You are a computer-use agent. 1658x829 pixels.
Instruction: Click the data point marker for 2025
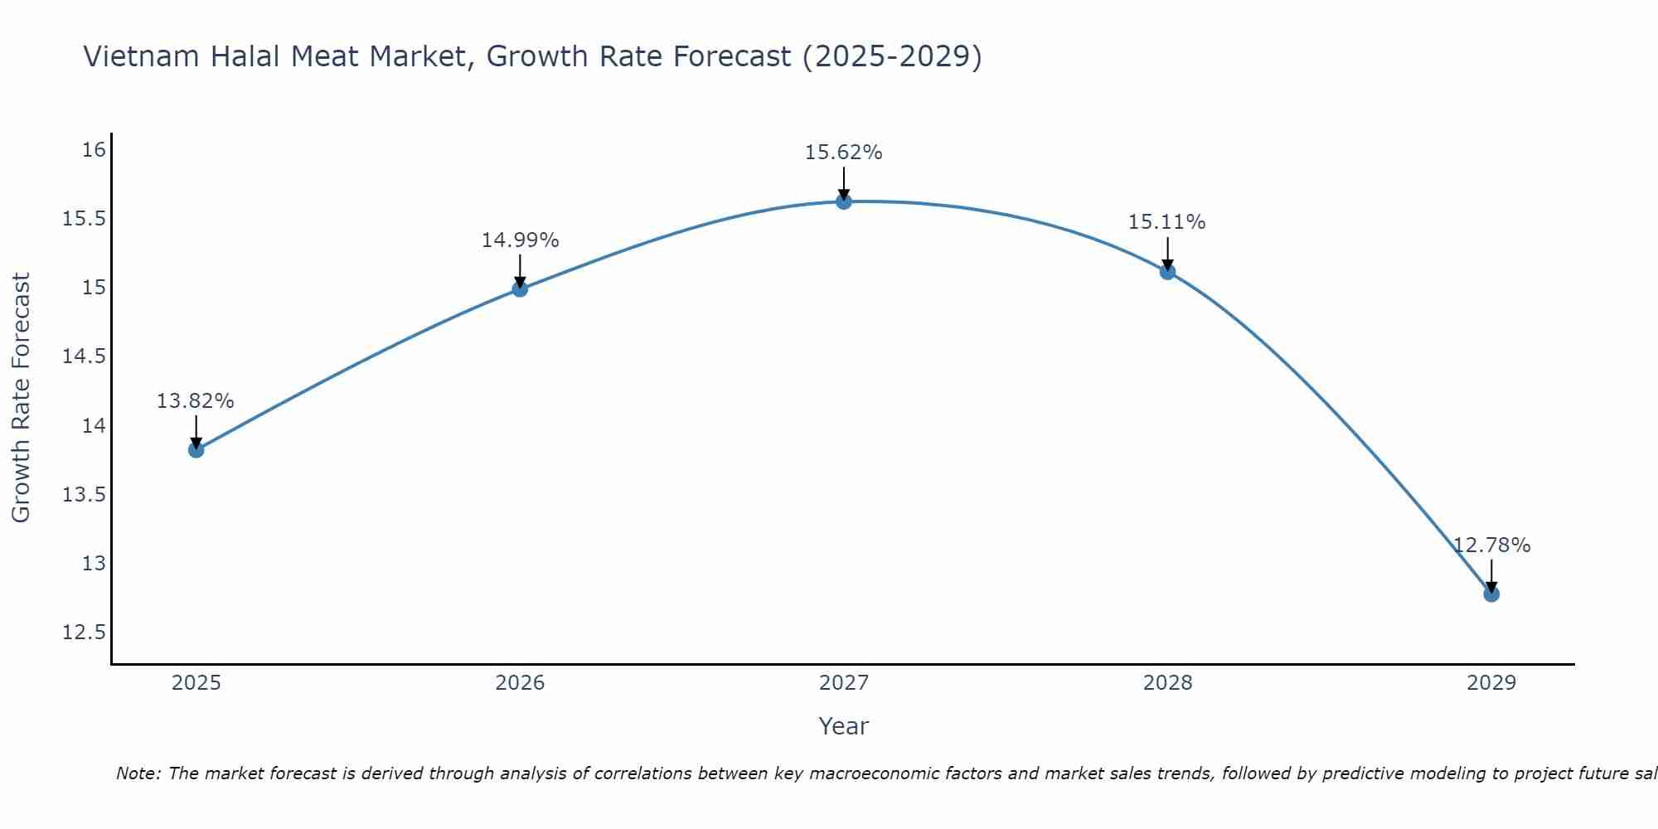196,450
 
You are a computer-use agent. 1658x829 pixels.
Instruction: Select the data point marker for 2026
520,288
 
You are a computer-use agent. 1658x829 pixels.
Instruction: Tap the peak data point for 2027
844,201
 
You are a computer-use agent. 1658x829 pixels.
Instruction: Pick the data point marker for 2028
1167,272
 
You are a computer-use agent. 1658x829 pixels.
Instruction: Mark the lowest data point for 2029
1491,594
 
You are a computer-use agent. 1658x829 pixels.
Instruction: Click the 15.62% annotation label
844,153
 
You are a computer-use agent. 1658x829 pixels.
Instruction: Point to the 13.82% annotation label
196,401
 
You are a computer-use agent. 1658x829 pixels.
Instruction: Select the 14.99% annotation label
520,240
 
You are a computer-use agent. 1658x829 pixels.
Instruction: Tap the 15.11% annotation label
1167,222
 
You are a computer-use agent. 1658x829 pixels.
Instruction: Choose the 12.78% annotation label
1491,545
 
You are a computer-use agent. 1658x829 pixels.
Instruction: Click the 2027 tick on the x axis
844,683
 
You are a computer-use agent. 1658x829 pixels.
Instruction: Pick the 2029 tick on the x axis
1491,683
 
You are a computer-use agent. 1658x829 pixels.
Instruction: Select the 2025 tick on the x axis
196,683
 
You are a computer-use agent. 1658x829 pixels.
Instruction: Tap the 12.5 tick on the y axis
85,633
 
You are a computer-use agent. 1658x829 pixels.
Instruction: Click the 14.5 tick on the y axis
85,356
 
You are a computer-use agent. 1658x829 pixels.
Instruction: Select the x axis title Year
844,726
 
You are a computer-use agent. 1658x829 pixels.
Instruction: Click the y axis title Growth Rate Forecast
22,398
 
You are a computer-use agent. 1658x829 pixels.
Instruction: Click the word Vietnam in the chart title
141,56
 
